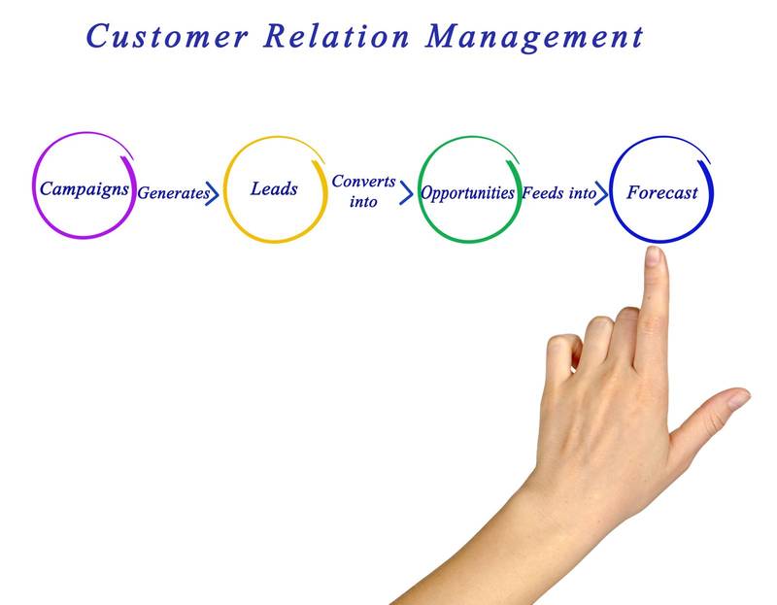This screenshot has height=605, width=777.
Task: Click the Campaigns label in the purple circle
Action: click(x=84, y=188)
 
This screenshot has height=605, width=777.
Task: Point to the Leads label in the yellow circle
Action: click(x=274, y=188)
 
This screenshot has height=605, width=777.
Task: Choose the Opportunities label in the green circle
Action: click(x=467, y=192)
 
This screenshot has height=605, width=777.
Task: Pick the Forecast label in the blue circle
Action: click(x=661, y=191)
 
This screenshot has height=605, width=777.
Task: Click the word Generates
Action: click(x=172, y=193)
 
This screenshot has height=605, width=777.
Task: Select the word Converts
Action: click(x=362, y=182)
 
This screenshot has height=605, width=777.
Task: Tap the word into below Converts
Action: click(x=363, y=202)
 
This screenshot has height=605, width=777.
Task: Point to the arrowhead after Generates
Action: click(x=215, y=192)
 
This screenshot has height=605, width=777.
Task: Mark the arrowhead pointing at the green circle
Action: click(x=407, y=192)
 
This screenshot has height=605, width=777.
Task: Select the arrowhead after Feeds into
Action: click(x=603, y=192)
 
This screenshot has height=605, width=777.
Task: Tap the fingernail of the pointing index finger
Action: click(x=653, y=257)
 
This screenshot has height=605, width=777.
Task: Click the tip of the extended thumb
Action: click(x=739, y=398)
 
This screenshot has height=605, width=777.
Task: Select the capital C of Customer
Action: click(x=98, y=36)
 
